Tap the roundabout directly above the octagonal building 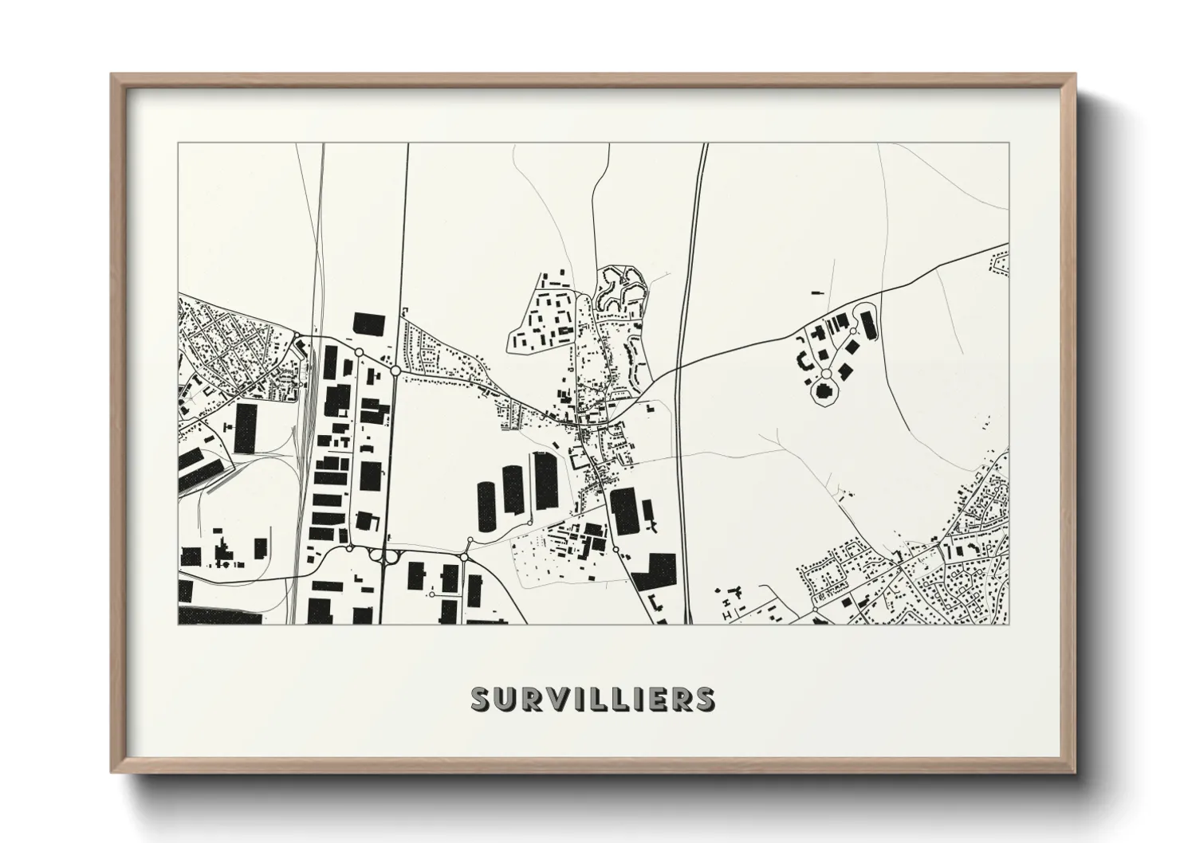pos(826,374)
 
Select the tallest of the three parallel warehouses pos(545,480)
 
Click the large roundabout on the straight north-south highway pos(395,371)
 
